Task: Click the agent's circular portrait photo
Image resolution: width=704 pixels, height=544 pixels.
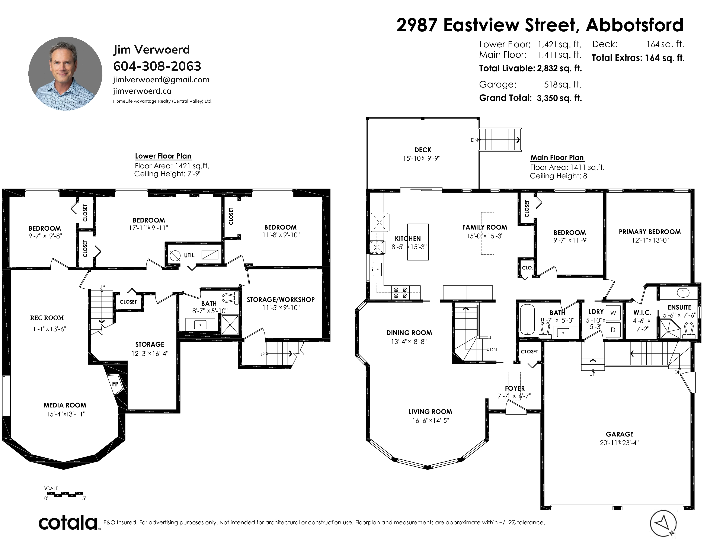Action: [x=65, y=74]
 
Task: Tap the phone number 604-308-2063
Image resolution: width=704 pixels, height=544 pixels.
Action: [x=157, y=66]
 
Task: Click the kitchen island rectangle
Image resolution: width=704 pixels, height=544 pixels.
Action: [x=418, y=242]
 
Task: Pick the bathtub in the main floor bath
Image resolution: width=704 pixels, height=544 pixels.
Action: [x=528, y=319]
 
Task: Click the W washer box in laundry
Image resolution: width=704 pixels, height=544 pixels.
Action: [x=613, y=313]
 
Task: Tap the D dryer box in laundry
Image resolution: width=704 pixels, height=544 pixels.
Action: [x=613, y=330]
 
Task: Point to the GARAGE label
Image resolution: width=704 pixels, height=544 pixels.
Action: [x=620, y=434]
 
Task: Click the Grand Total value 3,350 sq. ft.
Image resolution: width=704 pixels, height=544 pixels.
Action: [x=559, y=98]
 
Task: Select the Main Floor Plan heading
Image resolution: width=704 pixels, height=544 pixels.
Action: [x=557, y=158]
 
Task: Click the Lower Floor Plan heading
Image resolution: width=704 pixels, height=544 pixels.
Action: [x=163, y=156]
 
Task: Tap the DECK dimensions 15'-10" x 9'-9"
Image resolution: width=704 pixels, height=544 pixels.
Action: [x=422, y=158]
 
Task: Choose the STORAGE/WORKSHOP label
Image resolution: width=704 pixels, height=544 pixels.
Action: [x=281, y=300]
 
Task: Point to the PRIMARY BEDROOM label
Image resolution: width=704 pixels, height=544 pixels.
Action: [x=650, y=232]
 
